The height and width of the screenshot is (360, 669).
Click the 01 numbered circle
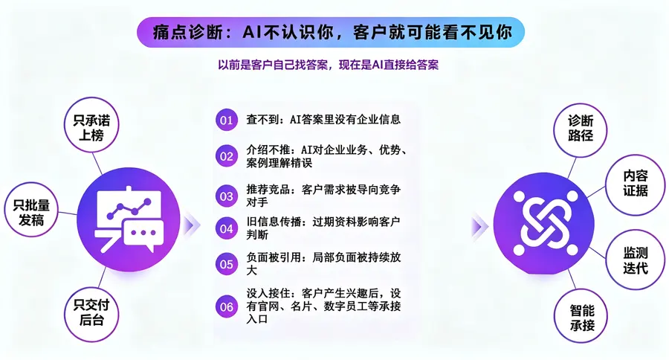[227, 120]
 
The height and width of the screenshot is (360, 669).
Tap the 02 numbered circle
[227, 156]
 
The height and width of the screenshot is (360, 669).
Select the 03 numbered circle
[227, 196]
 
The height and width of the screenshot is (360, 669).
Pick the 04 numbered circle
[227, 228]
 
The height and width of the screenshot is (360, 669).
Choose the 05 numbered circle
[227, 264]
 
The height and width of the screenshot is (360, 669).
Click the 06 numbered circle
[227, 306]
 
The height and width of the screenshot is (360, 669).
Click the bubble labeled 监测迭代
[636, 260]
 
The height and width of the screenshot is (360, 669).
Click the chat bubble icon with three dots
[143, 235]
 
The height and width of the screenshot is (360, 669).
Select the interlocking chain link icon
[545, 222]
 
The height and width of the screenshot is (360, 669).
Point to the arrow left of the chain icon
[479, 226]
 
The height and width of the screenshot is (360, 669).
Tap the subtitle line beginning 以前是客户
[328, 65]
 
